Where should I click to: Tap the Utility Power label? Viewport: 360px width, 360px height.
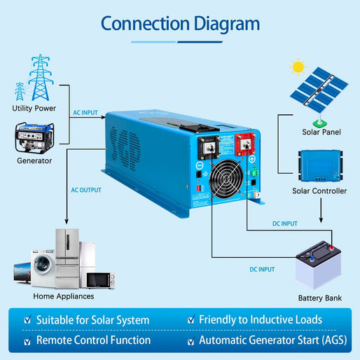[x=34, y=109]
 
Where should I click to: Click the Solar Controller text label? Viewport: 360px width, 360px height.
[x=319, y=191]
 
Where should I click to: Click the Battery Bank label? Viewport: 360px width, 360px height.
[x=319, y=298]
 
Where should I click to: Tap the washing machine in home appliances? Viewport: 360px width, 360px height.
[x=43, y=269]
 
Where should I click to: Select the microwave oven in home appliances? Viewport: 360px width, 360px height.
[x=100, y=279]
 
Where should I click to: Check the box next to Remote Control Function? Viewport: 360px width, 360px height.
[x=27, y=341]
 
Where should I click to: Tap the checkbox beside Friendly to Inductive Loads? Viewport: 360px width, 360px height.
[x=192, y=320]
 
